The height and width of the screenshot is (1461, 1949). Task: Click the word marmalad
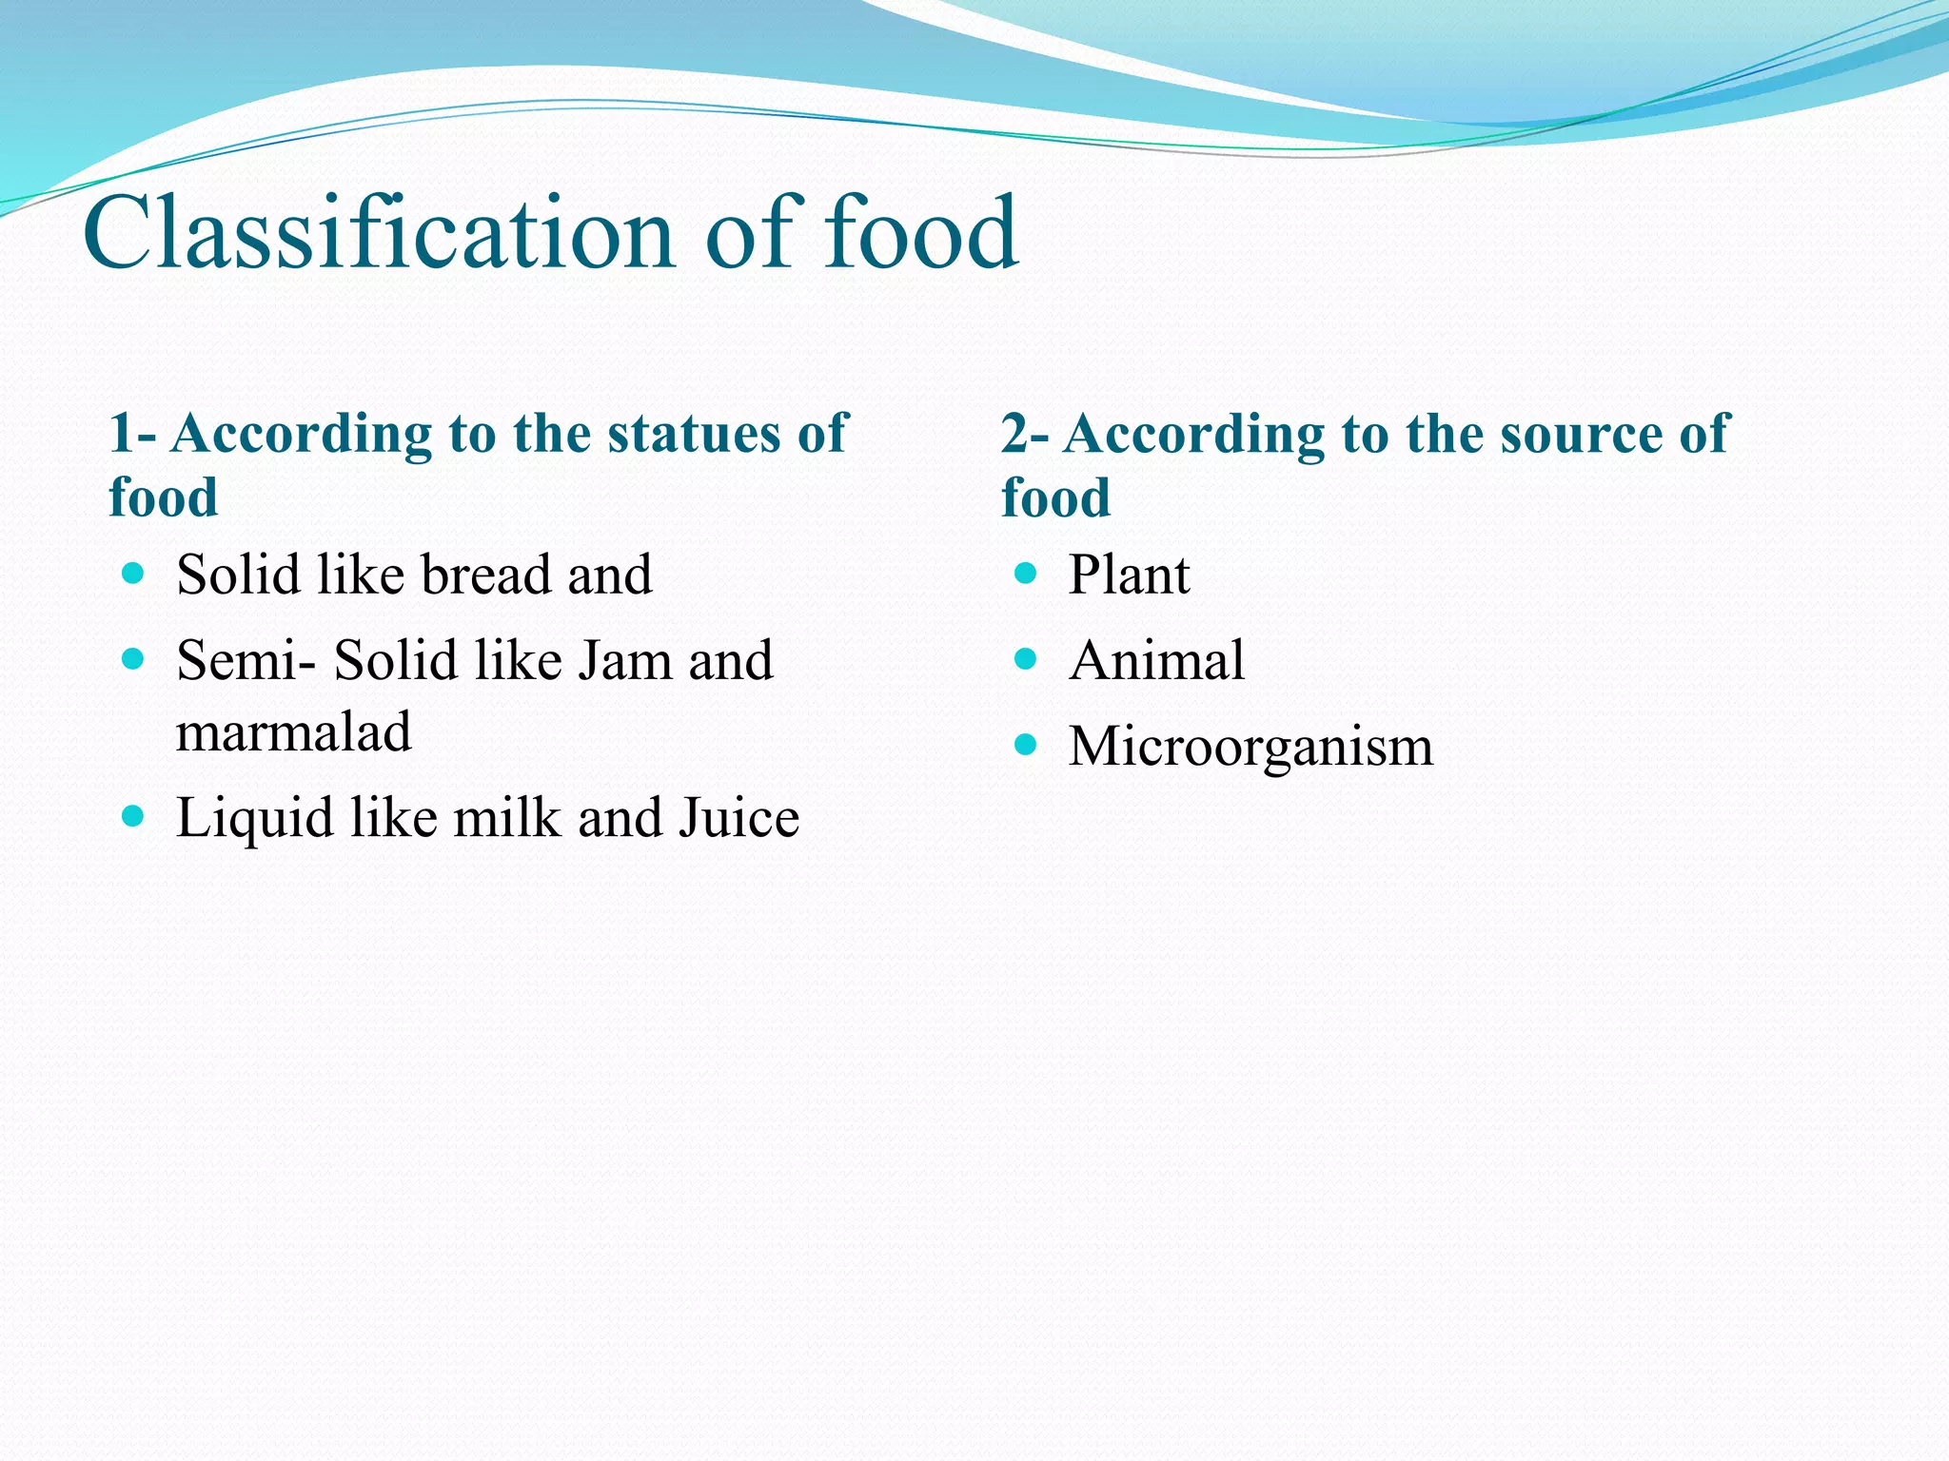pyautogui.click(x=294, y=732)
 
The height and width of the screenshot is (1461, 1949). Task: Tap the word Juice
pyautogui.click(x=738, y=818)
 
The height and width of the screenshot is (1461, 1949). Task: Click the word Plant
pyautogui.click(x=1129, y=575)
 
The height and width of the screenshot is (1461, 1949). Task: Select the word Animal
pyautogui.click(x=1156, y=660)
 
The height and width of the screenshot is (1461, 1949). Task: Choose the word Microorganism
pyautogui.click(x=1250, y=746)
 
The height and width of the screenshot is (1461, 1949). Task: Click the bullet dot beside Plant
pyautogui.click(x=1025, y=573)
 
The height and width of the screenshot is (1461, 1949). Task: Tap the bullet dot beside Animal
pyautogui.click(x=1025, y=658)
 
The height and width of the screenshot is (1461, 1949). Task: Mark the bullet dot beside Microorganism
pyautogui.click(x=1025, y=744)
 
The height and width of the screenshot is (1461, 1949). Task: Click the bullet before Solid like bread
pyautogui.click(x=133, y=573)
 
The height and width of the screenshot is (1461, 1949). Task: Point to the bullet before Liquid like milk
pyautogui.click(x=133, y=816)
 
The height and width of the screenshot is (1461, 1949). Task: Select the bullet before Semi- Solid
pyautogui.click(x=133, y=658)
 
